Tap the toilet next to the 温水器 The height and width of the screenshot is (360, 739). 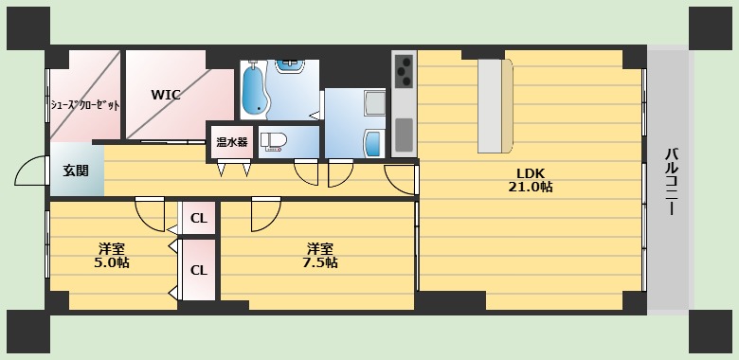274,142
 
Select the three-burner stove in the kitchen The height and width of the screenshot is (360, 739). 405,71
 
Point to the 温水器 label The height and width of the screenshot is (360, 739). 231,142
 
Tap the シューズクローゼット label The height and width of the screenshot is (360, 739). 84,105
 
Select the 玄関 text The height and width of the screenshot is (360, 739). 76,171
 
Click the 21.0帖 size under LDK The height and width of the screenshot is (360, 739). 530,188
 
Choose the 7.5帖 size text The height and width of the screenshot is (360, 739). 318,262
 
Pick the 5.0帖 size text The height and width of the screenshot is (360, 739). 111,262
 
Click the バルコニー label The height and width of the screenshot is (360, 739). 670,180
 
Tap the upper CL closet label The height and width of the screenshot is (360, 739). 198,218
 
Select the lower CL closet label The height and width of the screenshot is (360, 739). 198,269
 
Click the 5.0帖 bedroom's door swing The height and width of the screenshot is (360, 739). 150,212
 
